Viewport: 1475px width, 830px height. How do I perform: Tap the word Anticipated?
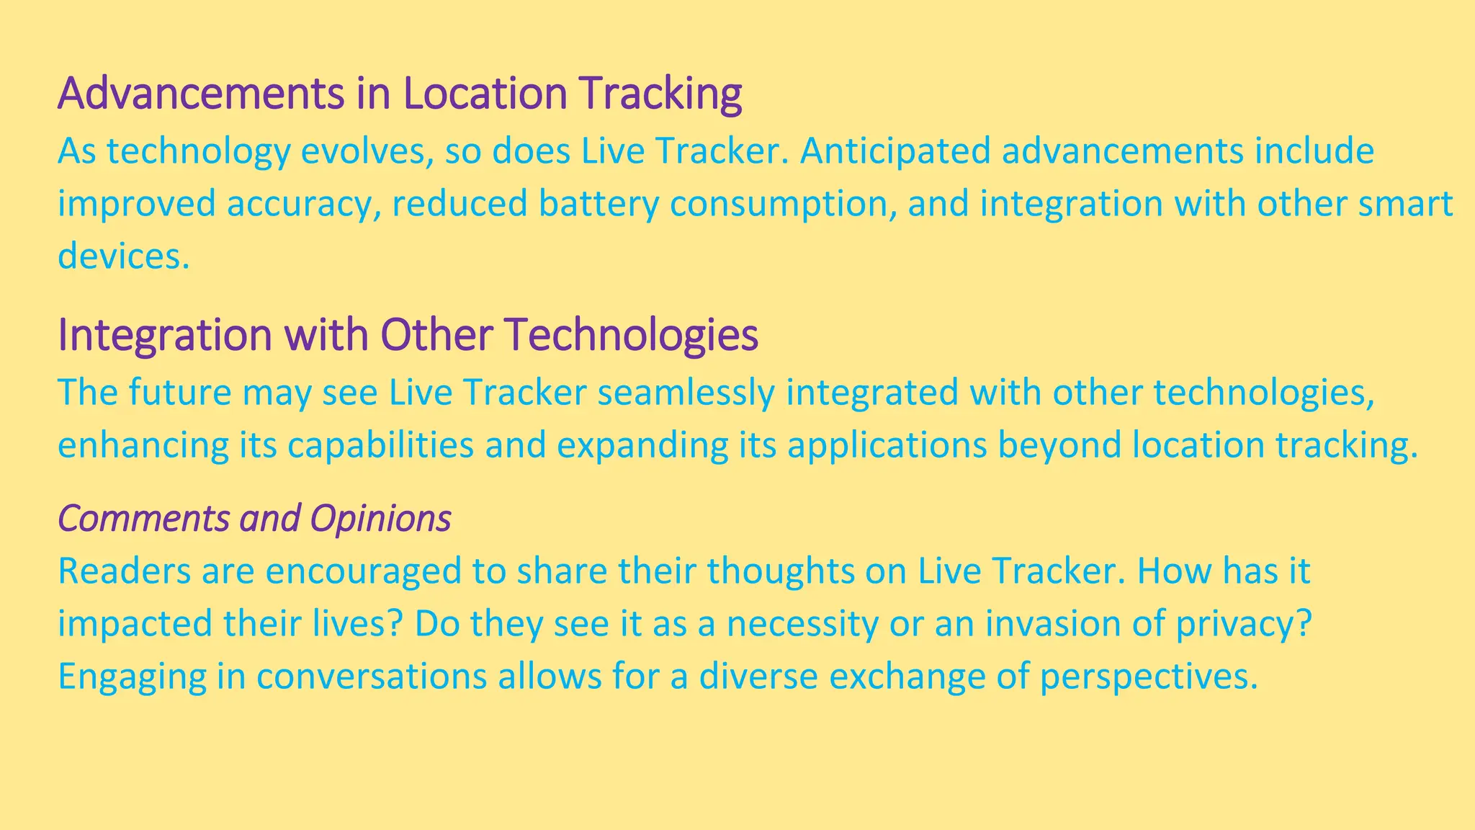tap(892, 151)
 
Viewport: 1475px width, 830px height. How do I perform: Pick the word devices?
tap(123, 256)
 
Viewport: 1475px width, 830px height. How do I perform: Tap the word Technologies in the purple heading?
tap(631, 335)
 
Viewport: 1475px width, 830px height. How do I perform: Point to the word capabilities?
tap(380, 445)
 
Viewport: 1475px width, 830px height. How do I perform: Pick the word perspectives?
tap(1148, 677)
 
